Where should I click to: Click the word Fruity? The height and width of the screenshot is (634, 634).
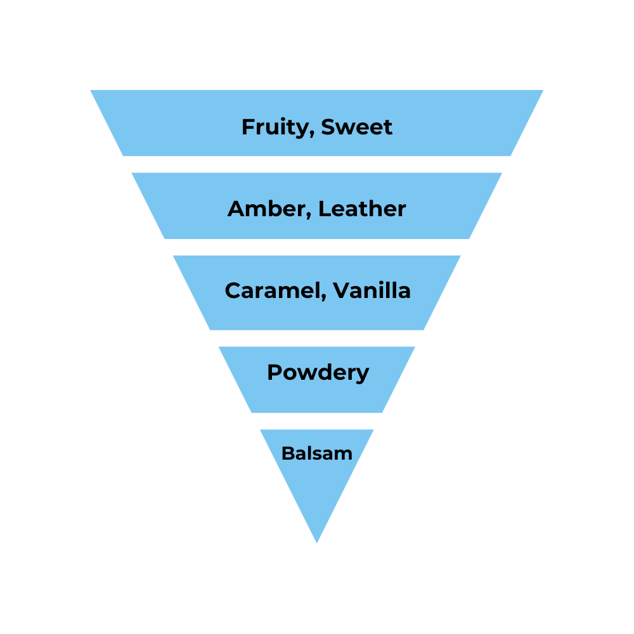tap(277, 127)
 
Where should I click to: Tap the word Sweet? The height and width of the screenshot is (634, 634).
tap(357, 127)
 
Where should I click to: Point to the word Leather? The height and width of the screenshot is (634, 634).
tap(362, 209)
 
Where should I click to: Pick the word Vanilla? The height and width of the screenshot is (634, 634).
tap(372, 290)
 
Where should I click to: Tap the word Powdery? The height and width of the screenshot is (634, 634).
tap(318, 372)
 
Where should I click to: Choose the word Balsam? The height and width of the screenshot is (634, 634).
tap(317, 453)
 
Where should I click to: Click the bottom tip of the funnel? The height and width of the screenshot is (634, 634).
tap(317, 542)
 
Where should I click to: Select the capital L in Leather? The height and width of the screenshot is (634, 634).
tap(324, 209)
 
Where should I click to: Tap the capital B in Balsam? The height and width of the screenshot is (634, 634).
tap(287, 453)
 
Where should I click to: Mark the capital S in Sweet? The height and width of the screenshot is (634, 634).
tap(328, 127)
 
